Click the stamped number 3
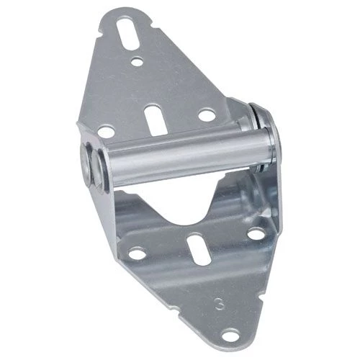(x=220, y=304)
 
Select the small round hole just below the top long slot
(x=137, y=61)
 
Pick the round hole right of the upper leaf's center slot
(x=207, y=114)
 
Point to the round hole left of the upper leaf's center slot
(x=107, y=132)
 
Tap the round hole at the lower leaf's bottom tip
(x=230, y=334)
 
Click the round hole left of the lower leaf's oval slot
(x=138, y=253)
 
